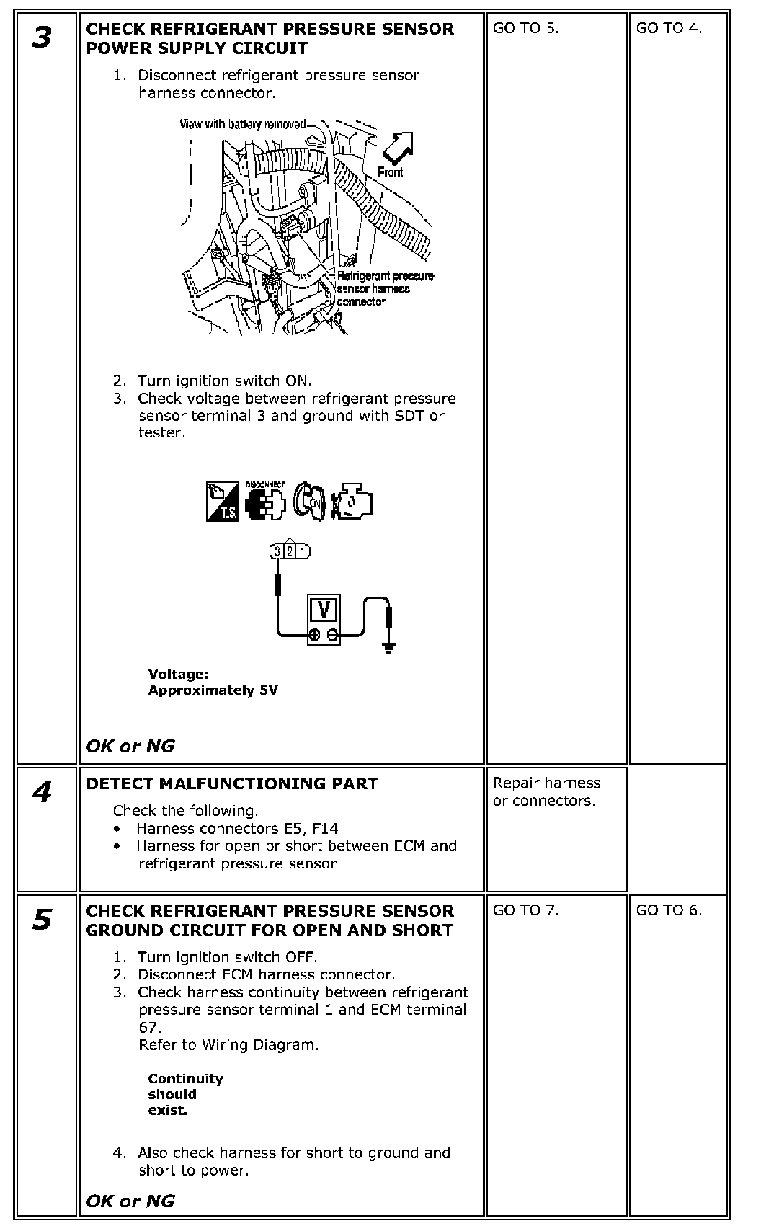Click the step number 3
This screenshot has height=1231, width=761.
pos(42,37)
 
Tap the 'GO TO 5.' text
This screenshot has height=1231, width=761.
pos(526,29)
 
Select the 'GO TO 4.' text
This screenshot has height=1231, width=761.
pos(669,29)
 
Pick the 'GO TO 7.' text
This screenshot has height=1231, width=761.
pos(526,910)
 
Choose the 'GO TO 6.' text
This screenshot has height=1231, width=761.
pos(669,910)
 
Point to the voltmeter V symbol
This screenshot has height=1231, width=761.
pos(324,610)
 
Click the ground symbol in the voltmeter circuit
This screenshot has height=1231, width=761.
pos(389,648)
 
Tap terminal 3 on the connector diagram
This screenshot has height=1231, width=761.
pos(277,551)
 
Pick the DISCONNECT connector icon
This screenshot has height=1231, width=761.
pos(264,501)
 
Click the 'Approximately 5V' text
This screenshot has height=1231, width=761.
pos(213,690)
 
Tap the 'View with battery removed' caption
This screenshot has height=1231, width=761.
pos(243,124)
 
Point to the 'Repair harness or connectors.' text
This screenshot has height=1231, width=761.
pos(546,791)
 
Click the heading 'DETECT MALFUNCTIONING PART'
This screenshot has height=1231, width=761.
pos(231,783)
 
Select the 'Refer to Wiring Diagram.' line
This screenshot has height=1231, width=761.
pos(228,1044)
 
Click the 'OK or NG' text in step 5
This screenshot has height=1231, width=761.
pos(130,1201)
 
